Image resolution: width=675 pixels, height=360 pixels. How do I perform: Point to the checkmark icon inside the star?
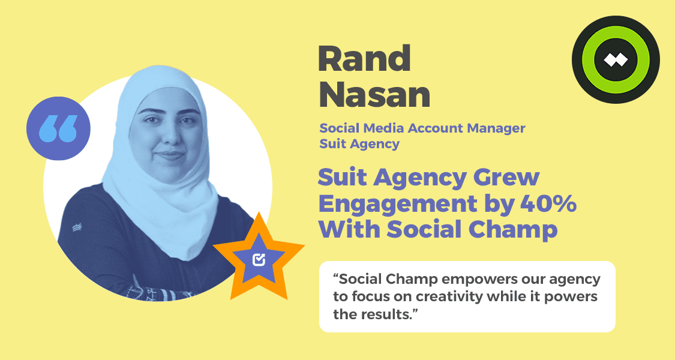259,259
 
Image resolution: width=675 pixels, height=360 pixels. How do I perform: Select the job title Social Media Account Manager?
422,128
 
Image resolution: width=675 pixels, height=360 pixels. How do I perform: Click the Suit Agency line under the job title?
359,144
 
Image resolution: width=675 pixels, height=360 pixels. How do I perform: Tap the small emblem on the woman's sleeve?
77,227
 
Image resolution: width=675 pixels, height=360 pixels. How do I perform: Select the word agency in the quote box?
575,280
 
